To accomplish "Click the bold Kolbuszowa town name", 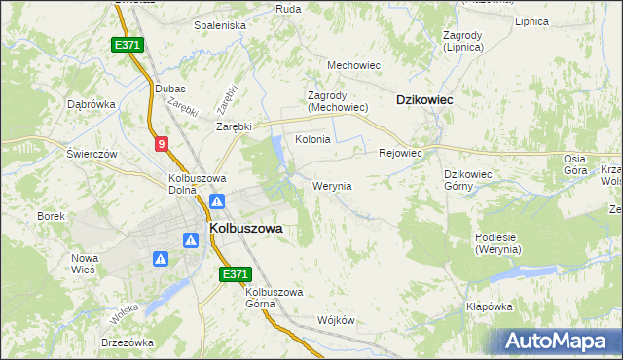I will pos(246,228).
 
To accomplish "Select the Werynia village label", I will pos(332,185).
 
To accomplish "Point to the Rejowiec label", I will pos(399,153).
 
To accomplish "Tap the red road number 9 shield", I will pos(161,144).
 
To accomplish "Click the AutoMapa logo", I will pos(558,342).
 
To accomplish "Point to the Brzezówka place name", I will pos(128,342).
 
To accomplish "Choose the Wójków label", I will pos(336,320).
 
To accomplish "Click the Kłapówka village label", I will pos(489,306).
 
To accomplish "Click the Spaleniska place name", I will pos(220,24).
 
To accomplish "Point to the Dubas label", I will pos(170,89).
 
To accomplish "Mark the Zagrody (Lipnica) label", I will pos(462,40).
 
